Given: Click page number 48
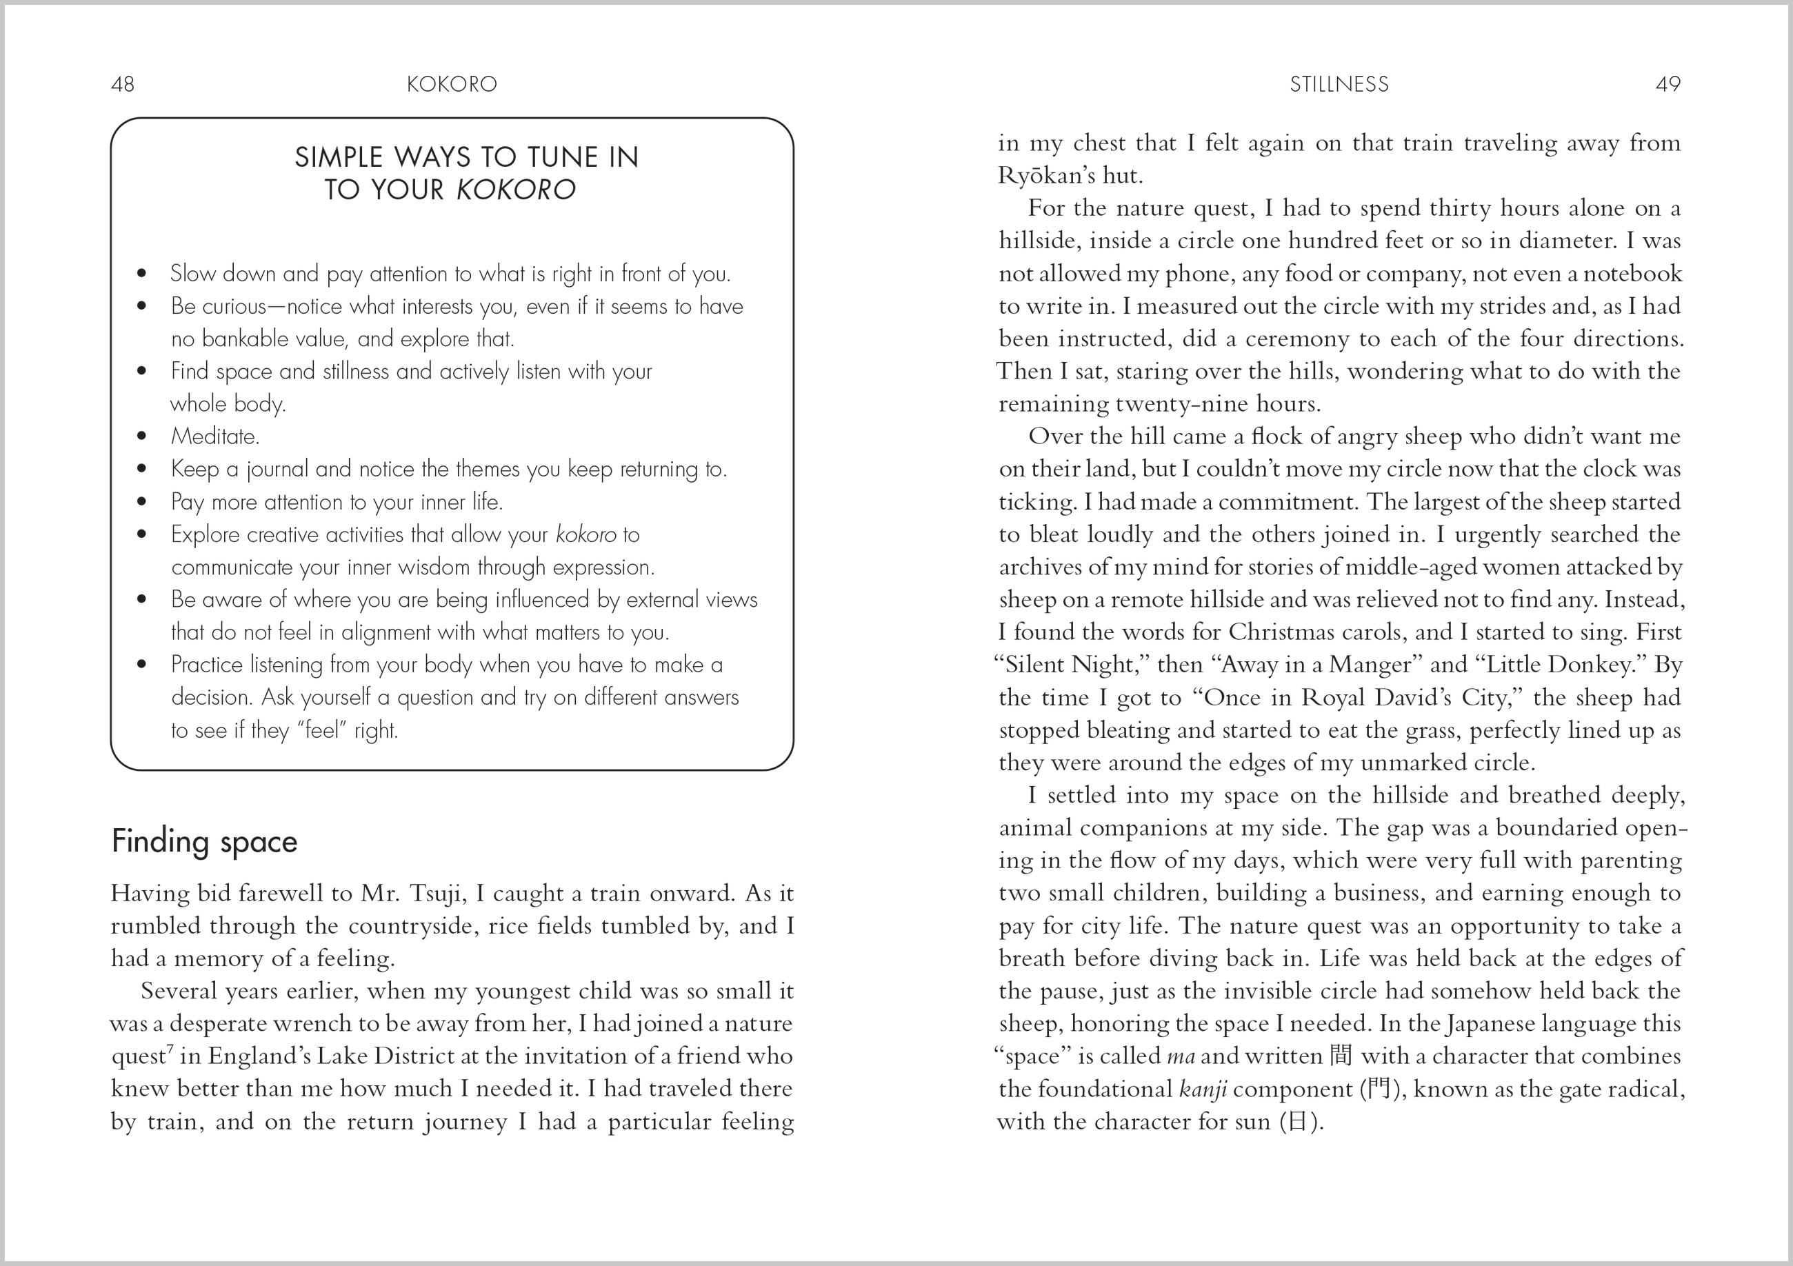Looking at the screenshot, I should pyautogui.click(x=123, y=84).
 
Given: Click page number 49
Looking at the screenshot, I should pyautogui.click(x=1667, y=84).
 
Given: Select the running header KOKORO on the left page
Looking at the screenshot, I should pyautogui.click(x=452, y=84).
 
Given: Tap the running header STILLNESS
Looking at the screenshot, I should pyautogui.click(x=1339, y=84).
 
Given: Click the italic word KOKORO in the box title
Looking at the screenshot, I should pyautogui.click(x=515, y=190).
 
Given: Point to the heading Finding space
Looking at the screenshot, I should pyautogui.click(x=205, y=842).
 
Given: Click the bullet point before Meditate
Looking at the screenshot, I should pyautogui.click(x=141, y=436).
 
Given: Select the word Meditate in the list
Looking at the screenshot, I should pyautogui.click(x=214, y=436).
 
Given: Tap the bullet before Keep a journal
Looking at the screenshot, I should pyautogui.click(x=141, y=470).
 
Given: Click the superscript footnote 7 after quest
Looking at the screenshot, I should pyautogui.click(x=170, y=1049).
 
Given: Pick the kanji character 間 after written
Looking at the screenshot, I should pyautogui.click(x=1339, y=1056).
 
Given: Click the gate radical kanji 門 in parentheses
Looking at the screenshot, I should pyautogui.click(x=1379, y=1089).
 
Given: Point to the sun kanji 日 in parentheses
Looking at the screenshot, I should pyautogui.click(x=1296, y=1121).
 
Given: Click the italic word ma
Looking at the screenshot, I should pyautogui.click(x=1180, y=1056).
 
